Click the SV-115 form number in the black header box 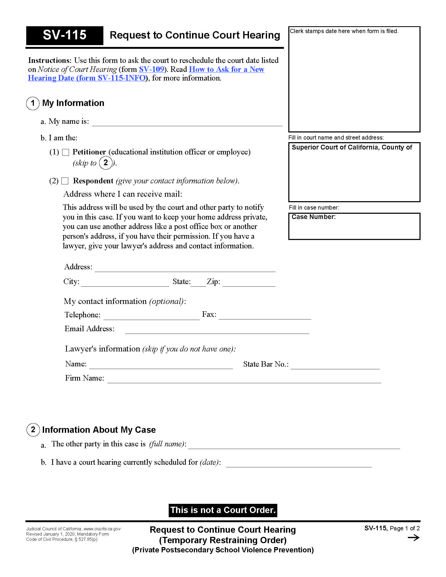click(65, 35)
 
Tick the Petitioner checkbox click(66, 152)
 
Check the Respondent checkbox click(65, 181)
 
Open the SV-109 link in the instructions click(152, 69)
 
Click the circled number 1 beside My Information click(33, 103)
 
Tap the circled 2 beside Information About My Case click(33, 430)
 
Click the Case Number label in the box click(313, 217)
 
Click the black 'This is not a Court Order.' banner click(223, 510)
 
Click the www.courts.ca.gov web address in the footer click(102, 529)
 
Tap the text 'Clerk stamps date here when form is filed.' click(344, 31)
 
